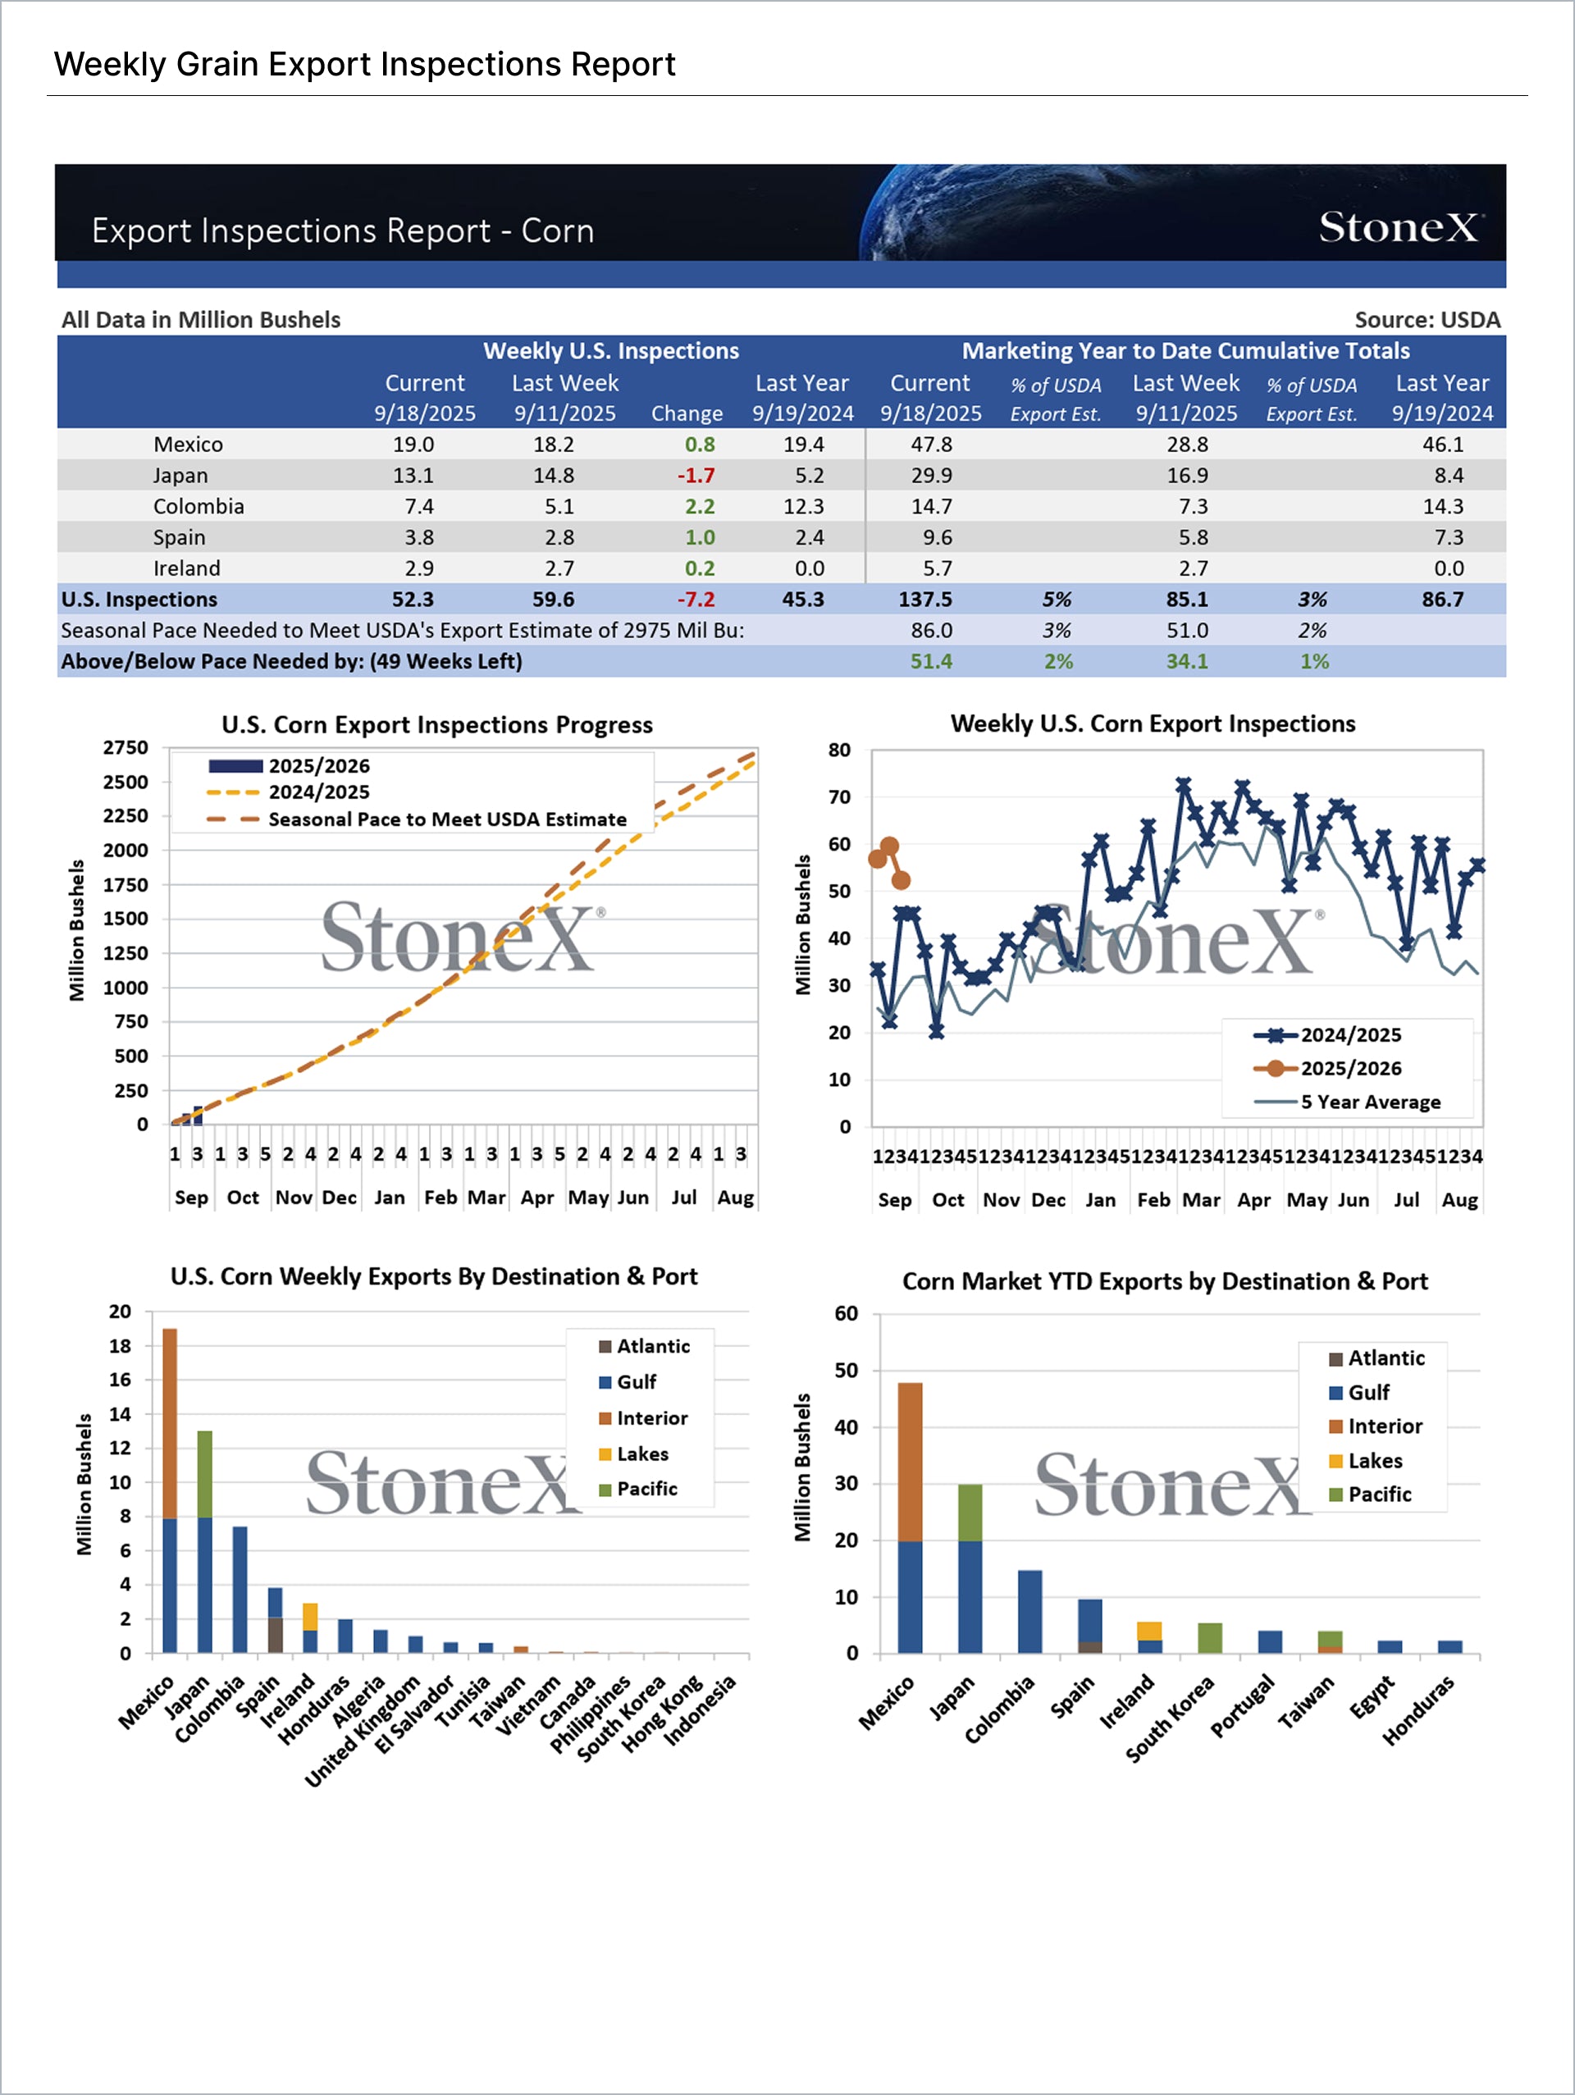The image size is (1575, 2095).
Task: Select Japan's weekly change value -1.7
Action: (696, 476)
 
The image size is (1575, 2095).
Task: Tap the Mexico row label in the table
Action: (189, 445)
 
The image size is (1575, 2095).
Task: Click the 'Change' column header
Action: (687, 414)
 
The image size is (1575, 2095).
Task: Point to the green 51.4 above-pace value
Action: (931, 661)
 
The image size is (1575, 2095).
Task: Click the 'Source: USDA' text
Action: (1427, 320)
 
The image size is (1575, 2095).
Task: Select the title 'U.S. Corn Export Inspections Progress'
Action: (436, 724)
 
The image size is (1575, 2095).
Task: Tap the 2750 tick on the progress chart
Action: (126, 747)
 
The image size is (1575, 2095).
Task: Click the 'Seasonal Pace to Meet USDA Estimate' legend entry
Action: (447, 819)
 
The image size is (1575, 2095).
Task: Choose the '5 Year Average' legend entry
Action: (1369, 1102)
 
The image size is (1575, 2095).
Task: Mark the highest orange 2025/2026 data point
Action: (889, 846)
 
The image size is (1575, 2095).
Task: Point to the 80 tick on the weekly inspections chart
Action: (839, 750)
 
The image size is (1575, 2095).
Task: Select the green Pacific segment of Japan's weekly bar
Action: (204, 1474)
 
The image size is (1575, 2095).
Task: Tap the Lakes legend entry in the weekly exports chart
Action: (642, 1454)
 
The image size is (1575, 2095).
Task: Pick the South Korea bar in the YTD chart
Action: (1209, 1638)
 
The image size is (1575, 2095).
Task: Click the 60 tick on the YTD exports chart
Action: (846, 1313)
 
